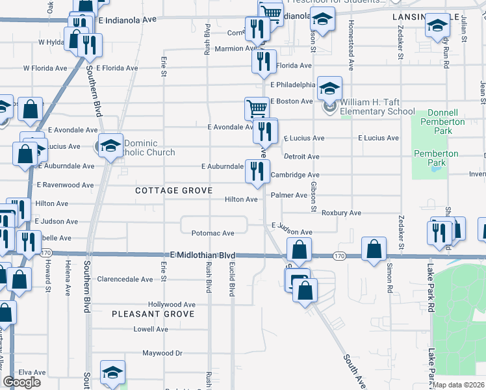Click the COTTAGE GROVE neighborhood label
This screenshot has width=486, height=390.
tap(173, 190)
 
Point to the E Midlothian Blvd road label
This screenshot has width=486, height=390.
tap(202, 256)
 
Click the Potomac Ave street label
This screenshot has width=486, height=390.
tap(212, 233)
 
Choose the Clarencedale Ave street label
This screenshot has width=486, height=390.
tap(125, 279)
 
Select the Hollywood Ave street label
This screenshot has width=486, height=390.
tap(172, 304)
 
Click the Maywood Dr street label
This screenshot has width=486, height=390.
tap(162, 354)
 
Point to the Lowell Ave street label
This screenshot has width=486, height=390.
tap(151, 329)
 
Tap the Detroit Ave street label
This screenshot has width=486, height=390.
tap(302, 157)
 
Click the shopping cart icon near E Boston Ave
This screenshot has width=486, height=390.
tap(257, 108)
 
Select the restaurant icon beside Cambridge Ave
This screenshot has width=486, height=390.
tap(257, 171)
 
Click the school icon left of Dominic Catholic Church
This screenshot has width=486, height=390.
tap(110, 146)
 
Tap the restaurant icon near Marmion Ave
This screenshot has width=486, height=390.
tap(257, 29)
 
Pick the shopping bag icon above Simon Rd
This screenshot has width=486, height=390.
tap(374, 249)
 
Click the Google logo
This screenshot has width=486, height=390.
tap(21, 382)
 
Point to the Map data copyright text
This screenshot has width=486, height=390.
tap(459, 385)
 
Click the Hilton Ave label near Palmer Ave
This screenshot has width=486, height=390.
tap(241, 200)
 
